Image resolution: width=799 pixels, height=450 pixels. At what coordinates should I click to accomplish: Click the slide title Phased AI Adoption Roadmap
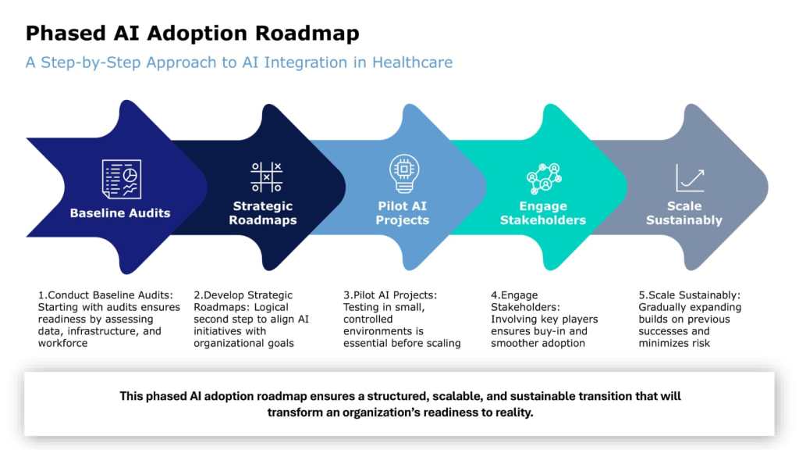click(x=193, y=34)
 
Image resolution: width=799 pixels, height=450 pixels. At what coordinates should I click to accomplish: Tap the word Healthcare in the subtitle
click(x=412, y=62)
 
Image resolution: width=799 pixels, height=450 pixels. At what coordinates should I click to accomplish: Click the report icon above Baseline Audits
click(x=122, y=179)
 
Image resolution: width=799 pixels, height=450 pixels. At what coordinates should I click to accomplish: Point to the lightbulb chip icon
click(x=403, y=173)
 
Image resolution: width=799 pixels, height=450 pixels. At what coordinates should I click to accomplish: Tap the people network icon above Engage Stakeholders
click(x=543, y=178)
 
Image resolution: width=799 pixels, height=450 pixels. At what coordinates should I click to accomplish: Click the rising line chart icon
click(x=691, y=177)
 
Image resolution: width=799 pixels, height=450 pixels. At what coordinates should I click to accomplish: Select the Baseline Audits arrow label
click(x=120, y=212)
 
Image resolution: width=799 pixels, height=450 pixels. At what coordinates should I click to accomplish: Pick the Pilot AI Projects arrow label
click(x=403, y=213)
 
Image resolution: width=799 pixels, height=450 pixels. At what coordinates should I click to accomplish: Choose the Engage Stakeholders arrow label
click(x=543, y=213)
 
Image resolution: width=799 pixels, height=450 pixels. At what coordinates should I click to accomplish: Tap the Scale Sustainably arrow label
click(x=684, y=213)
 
